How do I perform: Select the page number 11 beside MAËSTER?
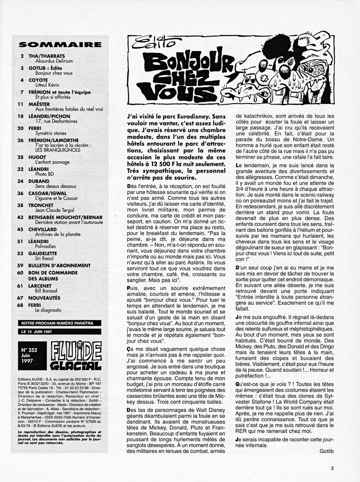(20, 104)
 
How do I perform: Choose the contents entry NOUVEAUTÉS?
(44, 298)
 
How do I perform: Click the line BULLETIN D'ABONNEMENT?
(59, 265)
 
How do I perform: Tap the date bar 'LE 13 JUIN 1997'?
(37, 332)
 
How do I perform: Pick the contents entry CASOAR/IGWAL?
(47, 193)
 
